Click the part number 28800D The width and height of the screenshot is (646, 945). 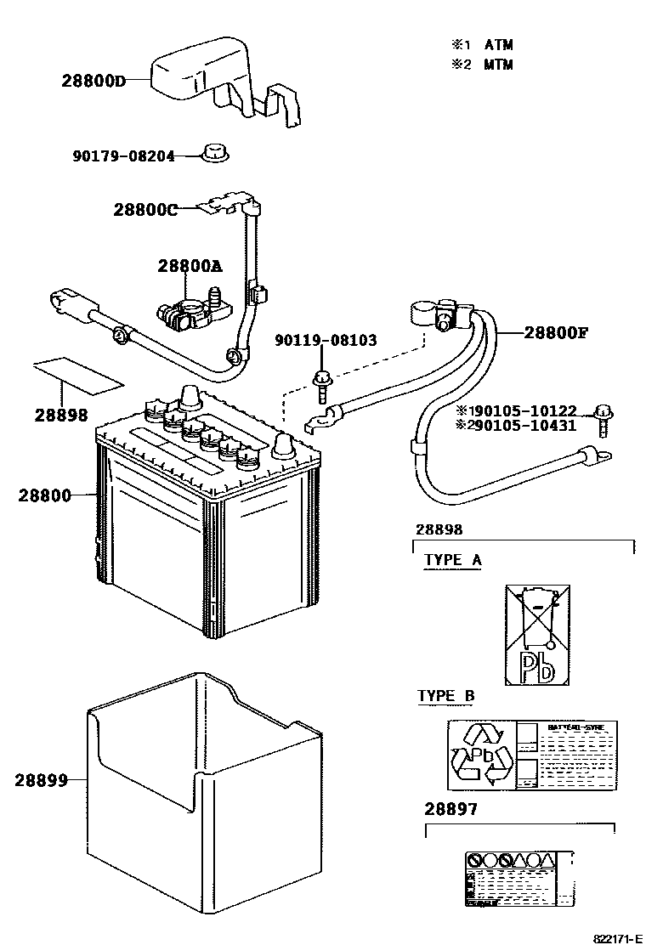pos(93,82)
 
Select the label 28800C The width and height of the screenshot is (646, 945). pos(145,210)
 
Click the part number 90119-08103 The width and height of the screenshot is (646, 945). pos(326,341)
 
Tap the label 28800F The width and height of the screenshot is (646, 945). pos(555,332)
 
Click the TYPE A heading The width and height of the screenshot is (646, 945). pos(453,560)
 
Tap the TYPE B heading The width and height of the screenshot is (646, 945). pos(446,697)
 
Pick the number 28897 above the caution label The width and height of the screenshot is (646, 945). pos(450,809)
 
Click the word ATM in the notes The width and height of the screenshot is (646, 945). pos(499,44)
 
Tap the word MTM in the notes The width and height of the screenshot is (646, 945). pos(499,65)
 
